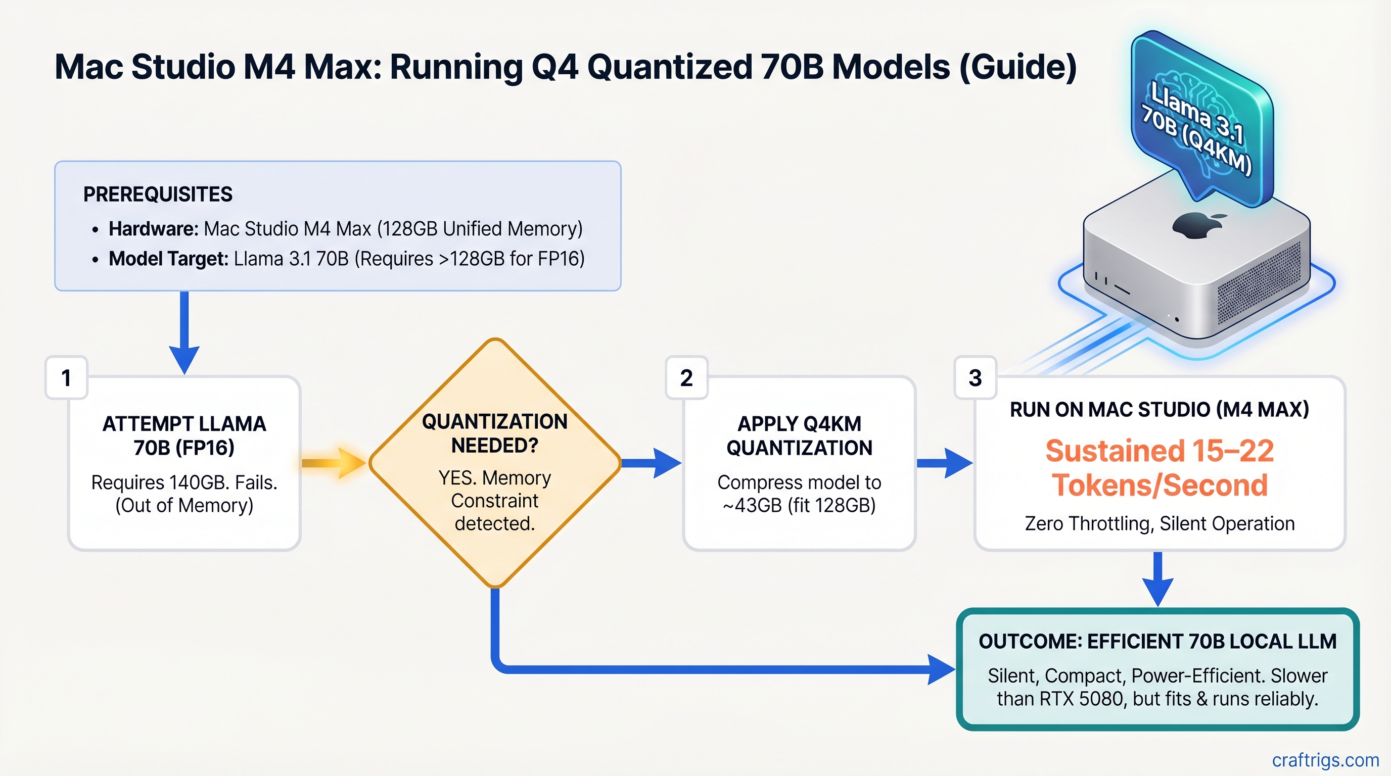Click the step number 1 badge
66,378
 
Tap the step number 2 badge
686,378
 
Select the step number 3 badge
975,378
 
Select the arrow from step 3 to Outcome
1157,578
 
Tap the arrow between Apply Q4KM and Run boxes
944,462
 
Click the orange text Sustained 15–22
1160,451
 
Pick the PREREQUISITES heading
158,195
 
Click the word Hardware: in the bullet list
153,229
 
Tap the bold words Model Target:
168,259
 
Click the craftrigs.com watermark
1325,760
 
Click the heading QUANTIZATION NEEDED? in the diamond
495,433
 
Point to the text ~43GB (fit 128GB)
799,506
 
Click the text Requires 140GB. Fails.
184,482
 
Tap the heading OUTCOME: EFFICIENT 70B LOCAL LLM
1157,641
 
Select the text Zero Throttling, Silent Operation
1160,523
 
